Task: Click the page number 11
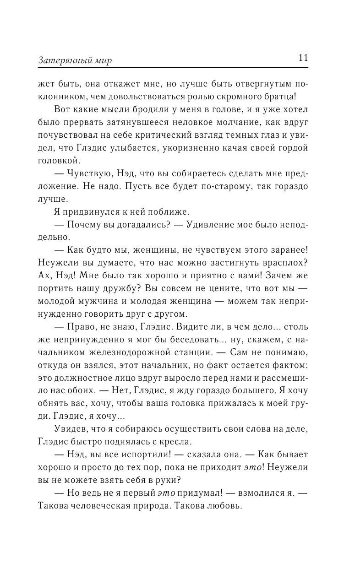click(x=303, y=58)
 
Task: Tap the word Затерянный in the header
click(x=61, y=61)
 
